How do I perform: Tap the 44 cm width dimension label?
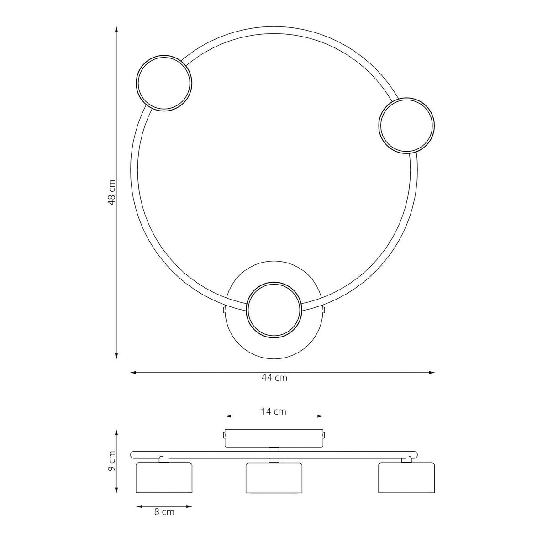click(274, 378)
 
